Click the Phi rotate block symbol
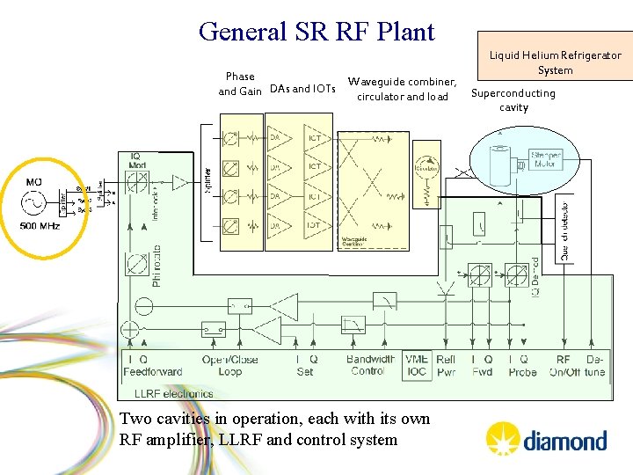pyautogui.click(x=136, y=263)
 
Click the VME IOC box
pyautogui.click(x=417, y=365)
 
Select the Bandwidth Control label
pyautogui.click(x=371, y=365)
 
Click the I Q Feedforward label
pyautogui.click(x=152, y=365)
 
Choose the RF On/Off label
pyautogui.click(x=564, y=365)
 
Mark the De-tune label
pyautogui.click(x=595, y=365)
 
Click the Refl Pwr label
pyautogui.click(x=446, y=365)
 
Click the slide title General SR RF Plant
pyautogui.click(x=316, y=32)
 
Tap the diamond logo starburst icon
pyautogui.click(x=503, y=437)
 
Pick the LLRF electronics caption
pyautogui.click(x=173, y=393)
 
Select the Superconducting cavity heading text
pyautogui.click(x=513, y=100)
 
